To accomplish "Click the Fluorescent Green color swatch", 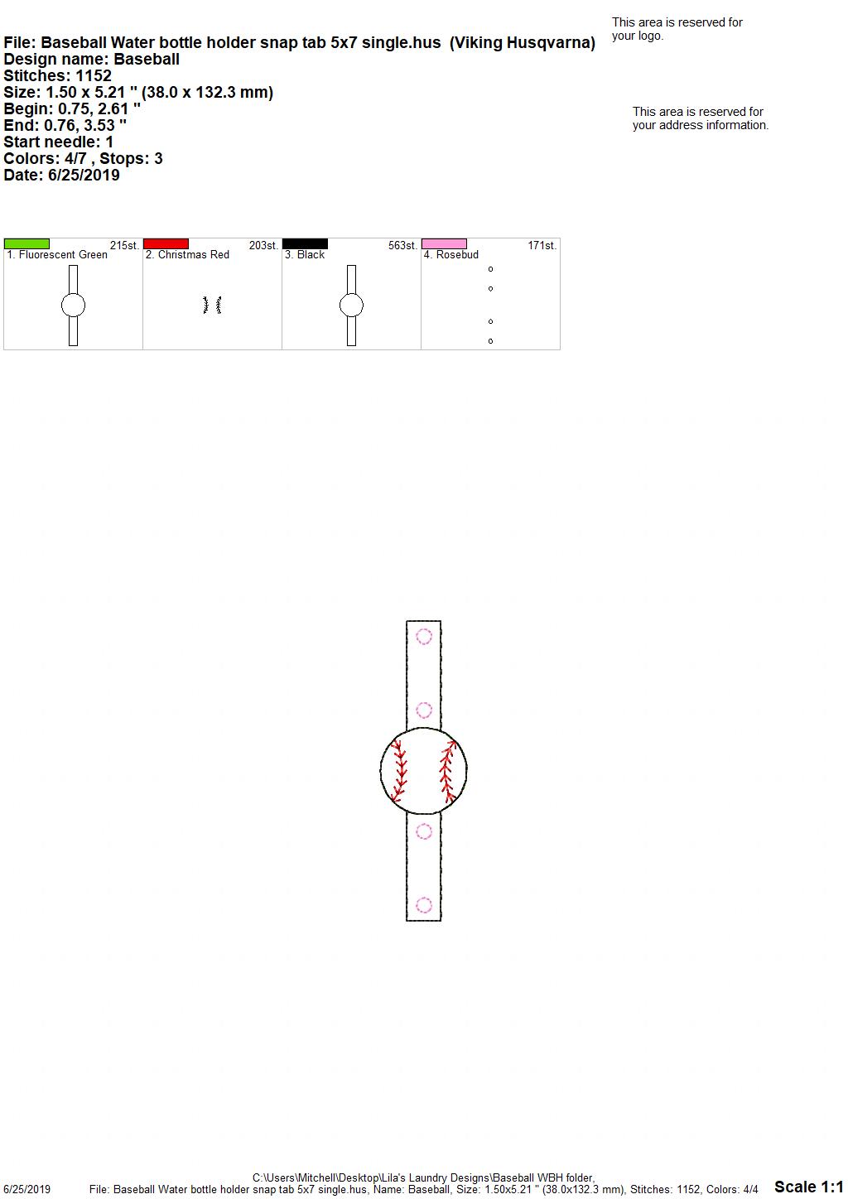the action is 26,244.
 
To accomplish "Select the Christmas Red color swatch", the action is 166,244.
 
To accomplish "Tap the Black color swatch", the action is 305,244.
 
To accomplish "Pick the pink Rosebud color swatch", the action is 445,244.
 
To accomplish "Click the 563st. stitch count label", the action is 402,246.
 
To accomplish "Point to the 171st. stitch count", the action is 542,246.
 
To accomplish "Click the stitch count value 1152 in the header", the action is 94,75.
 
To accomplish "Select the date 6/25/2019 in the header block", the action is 84,175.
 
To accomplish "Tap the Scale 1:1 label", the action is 809,1187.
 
